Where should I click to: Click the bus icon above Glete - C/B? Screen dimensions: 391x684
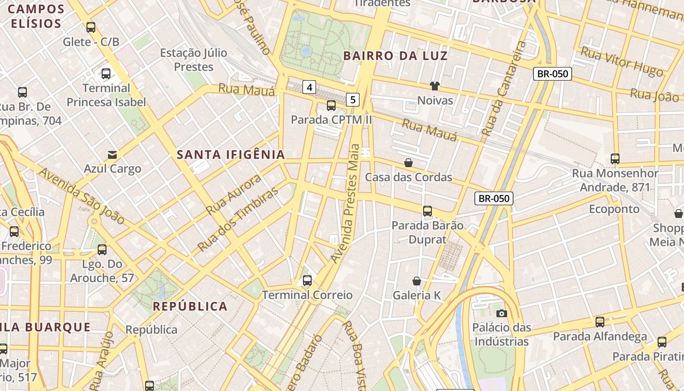pos(91,27)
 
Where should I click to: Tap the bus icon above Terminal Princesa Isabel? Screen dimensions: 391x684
pos(106,74)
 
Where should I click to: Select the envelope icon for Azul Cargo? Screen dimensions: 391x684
pos(112,155)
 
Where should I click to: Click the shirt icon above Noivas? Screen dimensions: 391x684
pos(435,87)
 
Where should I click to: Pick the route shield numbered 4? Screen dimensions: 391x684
pos(309,87)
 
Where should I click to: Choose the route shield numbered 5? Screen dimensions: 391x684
pos(353,100)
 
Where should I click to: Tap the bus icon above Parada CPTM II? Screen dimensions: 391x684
pos(331,106)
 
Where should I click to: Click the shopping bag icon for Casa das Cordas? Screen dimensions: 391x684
pos(408,163)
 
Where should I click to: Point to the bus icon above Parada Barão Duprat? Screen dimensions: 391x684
pos(427,211)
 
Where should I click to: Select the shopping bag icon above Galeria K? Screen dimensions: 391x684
pos(417,281)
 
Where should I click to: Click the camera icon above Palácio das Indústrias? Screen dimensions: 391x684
pos(501,313)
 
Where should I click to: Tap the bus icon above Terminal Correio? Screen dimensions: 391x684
pos(307,281)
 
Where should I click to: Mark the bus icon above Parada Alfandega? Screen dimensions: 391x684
pos(600,322)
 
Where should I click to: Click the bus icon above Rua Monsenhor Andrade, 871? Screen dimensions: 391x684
pos(615,159)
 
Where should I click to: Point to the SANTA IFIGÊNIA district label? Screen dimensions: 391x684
pos(231,155)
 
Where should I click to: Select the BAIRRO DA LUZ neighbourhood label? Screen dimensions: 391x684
pos(395,56)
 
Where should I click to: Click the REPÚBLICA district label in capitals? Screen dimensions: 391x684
pos(190,306)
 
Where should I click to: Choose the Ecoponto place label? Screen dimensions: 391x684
pos(614,209)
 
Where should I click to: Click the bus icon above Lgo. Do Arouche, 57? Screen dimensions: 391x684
pos(102,250)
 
